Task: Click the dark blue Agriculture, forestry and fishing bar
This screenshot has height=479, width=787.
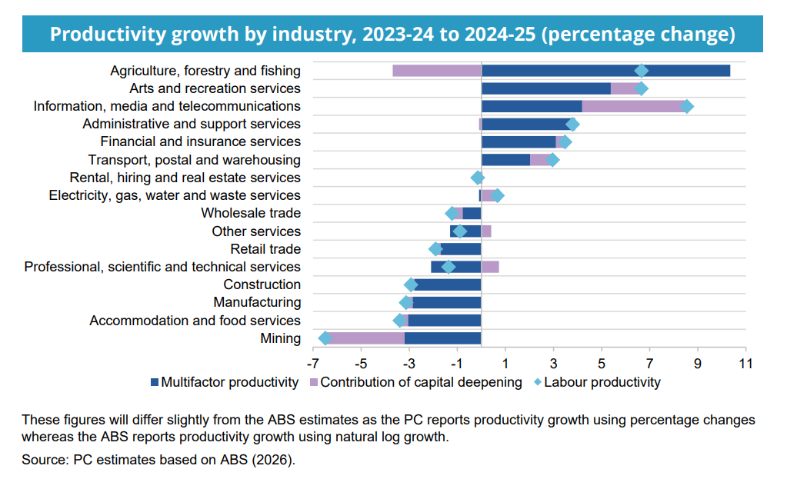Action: pos(605,71)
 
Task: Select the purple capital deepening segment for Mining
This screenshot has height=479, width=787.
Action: pos(366,338)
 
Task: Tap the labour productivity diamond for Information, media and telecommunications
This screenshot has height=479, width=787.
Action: pos(687,107)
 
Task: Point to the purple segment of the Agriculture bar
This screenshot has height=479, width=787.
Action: pos(437,71)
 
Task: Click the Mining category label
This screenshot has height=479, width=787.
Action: pos(280,338)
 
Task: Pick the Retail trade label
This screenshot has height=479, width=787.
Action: pos(265,249)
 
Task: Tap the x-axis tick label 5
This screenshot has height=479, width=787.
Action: pos(602,363)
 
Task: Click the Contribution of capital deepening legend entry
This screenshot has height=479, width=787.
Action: pos(415,382)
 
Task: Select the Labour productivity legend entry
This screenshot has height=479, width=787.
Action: pos(596,382)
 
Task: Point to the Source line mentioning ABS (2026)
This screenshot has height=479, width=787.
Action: pos(158,461)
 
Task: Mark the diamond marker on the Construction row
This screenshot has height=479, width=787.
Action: pos(411,284)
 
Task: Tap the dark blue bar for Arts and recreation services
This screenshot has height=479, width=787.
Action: pos(545,88)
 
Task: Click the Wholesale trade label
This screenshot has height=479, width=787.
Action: pos(251,213)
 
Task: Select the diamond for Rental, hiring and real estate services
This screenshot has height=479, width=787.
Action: pos(477,178)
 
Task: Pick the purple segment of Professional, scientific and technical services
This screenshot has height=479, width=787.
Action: pos(490,267)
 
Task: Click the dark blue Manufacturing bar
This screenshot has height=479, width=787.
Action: pos(447,303)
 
